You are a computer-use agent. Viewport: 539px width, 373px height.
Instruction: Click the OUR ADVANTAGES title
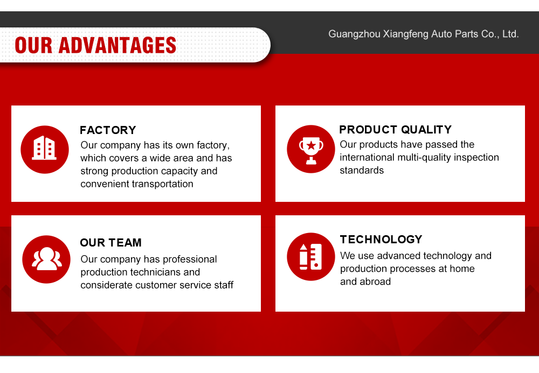tap(95, 45)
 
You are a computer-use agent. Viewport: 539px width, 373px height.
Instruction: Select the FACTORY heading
tap(108, 130)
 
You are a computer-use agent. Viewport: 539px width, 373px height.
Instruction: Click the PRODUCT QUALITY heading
tap(395, 129)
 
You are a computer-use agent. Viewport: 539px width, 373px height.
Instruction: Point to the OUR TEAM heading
tap(110, 243)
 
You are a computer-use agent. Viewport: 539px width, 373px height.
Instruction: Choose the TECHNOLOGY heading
tap(381, 239)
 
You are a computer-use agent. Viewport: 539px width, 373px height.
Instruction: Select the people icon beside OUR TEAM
tap(46, 259)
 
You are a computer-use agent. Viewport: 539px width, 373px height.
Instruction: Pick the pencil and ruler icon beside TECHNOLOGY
tap(311, 257)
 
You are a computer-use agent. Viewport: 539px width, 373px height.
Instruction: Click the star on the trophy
tap(311, 145)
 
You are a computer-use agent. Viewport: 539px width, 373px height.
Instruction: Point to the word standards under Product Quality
tap(362, 170)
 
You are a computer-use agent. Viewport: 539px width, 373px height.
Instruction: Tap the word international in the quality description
tap(367, 157)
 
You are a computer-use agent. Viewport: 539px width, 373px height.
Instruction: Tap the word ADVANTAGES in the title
tap(117, 45)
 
